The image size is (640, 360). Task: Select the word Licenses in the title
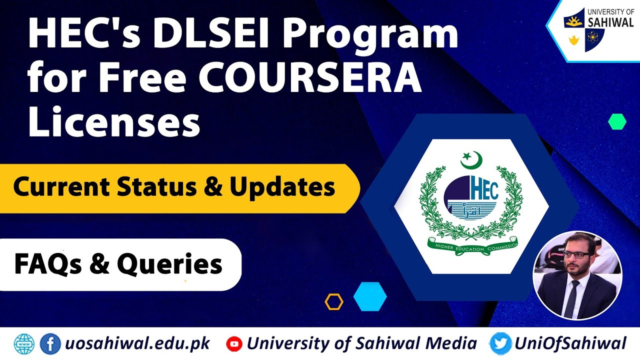pyautogui.click(x=114, y=122)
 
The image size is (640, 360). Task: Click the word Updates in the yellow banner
pyautogui.click(x=282, y=187)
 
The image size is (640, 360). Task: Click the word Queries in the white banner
pyautogui.click(x=169, y=264)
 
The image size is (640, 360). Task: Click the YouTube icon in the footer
pyautogui.click(x=234, y=343)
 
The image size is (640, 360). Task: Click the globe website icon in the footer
pyautogui.click(x=23, y=343)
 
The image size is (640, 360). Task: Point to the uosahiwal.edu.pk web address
pyautogui.click(x=137, y=343)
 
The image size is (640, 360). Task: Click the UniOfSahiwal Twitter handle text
pyautogui.click(x=570, y=343)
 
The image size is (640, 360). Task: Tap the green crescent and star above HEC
pyautogui.click(x=471, y=160)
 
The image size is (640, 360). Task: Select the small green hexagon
pyautogui.click(x=617, y=121)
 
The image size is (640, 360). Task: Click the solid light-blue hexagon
pyautogui.click(x=370, y=296)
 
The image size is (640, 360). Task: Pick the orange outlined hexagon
pyautogui.click(x=333, y=301)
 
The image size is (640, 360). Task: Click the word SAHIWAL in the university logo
pyautogui.click(x=610, y=21)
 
